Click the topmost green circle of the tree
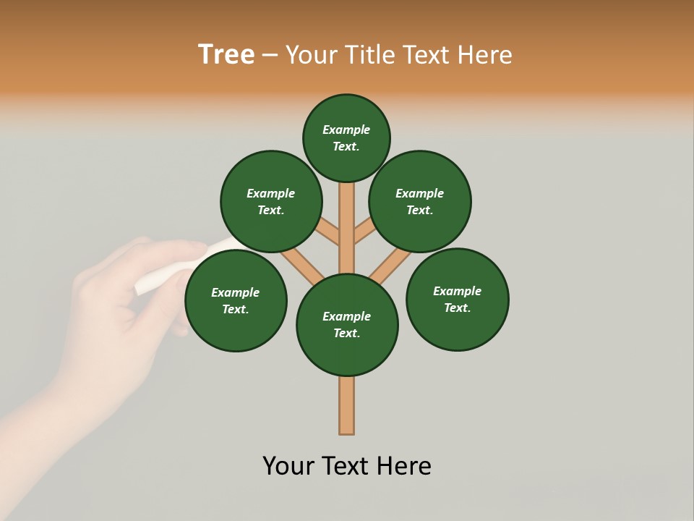click(x=346, y=137)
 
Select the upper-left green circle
click(x=271, y=201)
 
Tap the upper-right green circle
click(x=420, y=201)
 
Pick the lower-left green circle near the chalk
click(x=236, y=300)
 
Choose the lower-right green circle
click(x=458, y=299)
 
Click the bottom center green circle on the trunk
click(x=347, y=325)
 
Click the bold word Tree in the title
click(x=226, y=54)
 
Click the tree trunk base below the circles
click(x=347, y=405)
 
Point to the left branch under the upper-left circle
click(x=327, y=230)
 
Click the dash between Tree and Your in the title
click(x=270, y=54)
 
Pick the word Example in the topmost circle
click(x=346, y=130)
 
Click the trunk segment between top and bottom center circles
click(x=347, y=232)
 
